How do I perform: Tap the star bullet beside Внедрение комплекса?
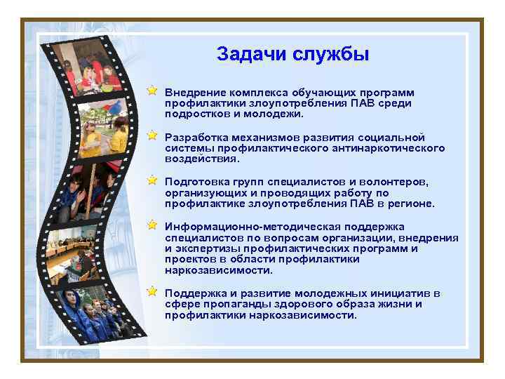point(151,91)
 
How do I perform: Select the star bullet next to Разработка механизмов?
point(151,135)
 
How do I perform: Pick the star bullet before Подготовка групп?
point(151,180)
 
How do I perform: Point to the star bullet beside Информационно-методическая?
point(151,225)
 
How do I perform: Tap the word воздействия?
point(200,159)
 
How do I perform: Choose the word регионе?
point(412,204)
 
